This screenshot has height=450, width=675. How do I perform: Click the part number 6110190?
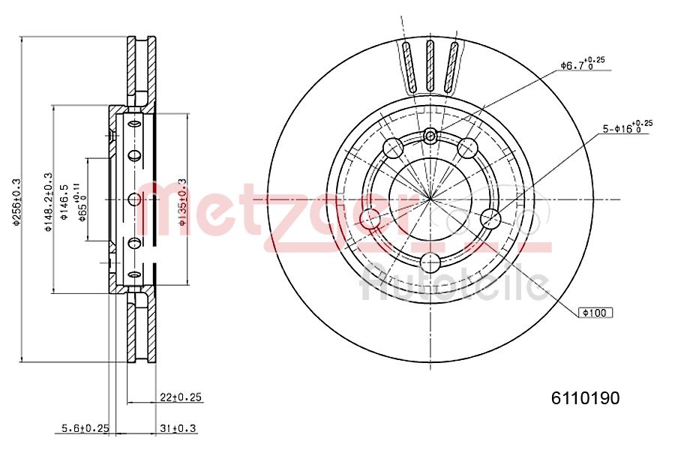(586, 399)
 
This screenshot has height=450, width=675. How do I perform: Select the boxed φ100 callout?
(595, 312)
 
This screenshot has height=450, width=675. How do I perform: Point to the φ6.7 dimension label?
(582, 65)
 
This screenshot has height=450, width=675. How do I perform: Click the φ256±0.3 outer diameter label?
(16, 200)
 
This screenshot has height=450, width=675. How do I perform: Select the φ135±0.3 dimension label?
(181, 201)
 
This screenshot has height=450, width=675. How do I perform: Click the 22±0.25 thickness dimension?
(181, 397)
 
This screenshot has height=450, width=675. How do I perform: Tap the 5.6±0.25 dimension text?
(85, 428)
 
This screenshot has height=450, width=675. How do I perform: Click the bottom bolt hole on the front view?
(430, 262)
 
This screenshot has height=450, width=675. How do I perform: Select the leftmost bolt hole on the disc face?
(370, 219)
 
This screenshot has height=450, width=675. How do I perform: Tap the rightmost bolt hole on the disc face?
(490, 219)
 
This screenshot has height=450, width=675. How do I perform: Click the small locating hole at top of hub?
(430, 136)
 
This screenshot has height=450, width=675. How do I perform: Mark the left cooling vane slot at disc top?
(408, 67)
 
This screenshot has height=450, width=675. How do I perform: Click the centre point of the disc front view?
(430, 199)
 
